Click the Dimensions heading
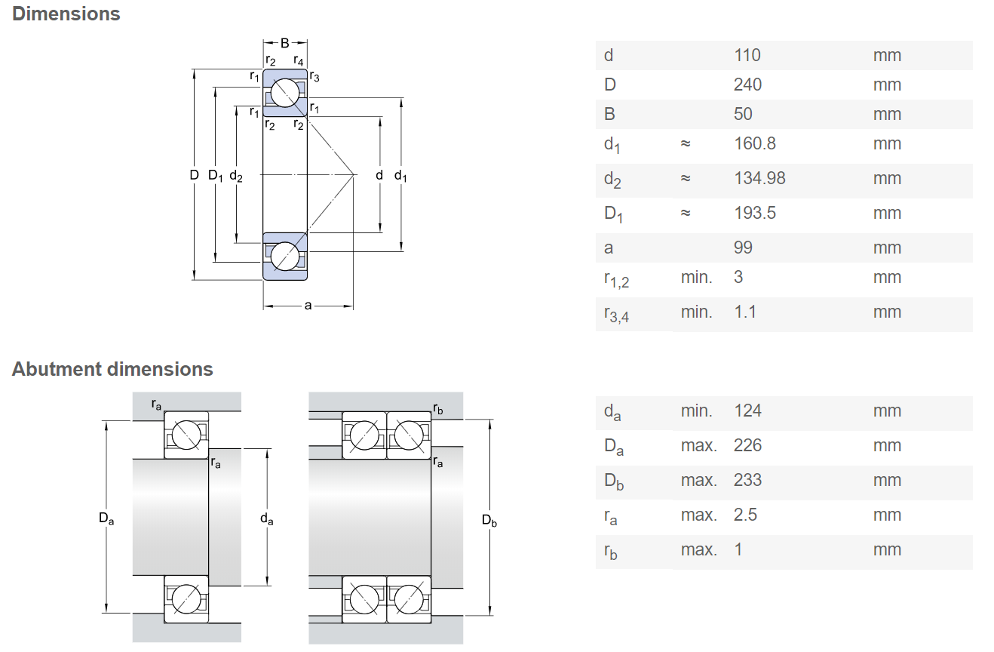coord(66,14)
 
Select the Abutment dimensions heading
coord(112,369)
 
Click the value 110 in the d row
coord(747,56)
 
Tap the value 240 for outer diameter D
coord(747,85)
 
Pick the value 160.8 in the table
coord(755,143)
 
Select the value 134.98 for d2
coord(759,178)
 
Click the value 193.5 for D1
coord(755,213)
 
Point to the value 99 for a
coord(744,248)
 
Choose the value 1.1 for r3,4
coord(745,312)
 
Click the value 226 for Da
coord(747,445)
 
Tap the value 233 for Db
coord(747,480)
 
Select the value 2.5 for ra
coord(745,515)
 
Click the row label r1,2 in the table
coord(616,279)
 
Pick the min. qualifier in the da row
coord(697,411)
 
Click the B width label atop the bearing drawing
coord(285,43)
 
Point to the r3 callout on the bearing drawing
coord(314,76)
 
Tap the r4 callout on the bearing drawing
coord(299,60)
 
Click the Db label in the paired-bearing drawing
coord(489,520)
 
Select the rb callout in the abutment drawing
coord(438,409)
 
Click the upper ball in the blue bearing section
coord(285,93)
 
